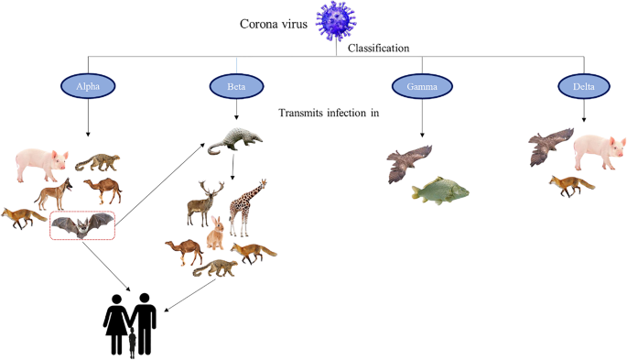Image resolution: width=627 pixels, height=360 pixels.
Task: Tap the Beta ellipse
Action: (237, 87)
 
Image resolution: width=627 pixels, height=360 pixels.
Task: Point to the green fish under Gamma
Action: (439, 191)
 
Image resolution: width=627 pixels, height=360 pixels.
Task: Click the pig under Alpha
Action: (42, 164)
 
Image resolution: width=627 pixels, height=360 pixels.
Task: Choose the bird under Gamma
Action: (408, 162)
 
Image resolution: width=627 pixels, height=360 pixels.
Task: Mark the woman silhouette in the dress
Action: (115, 325)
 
